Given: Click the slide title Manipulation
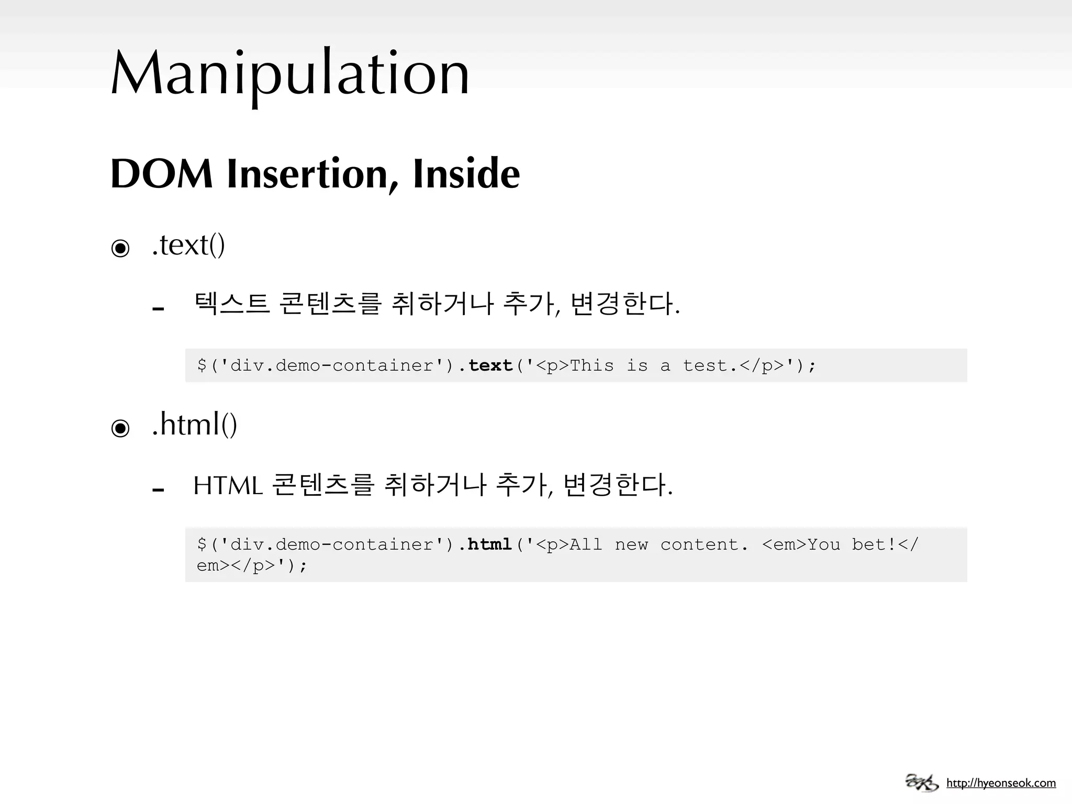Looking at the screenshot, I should click(290, 73).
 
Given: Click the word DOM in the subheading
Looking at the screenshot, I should click(161, 174).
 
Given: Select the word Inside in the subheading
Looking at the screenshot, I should click(466, 174).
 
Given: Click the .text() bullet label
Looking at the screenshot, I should click(188, 245).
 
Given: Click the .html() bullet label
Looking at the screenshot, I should click(194, 425).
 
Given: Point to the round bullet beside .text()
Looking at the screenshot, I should click(120, 248).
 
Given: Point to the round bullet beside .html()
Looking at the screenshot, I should click(120, 428).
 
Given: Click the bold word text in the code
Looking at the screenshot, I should click(490, 365).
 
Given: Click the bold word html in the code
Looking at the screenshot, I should click(490, 545).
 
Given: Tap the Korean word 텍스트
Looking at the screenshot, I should click(231, 304).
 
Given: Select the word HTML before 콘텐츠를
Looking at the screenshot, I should click(228, 486).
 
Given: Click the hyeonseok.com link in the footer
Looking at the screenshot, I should click(1001, 783).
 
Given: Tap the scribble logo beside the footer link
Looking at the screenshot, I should click(922, 783).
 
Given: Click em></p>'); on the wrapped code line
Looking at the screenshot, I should click(252, 566).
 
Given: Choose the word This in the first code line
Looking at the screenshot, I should click(591, 365).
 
